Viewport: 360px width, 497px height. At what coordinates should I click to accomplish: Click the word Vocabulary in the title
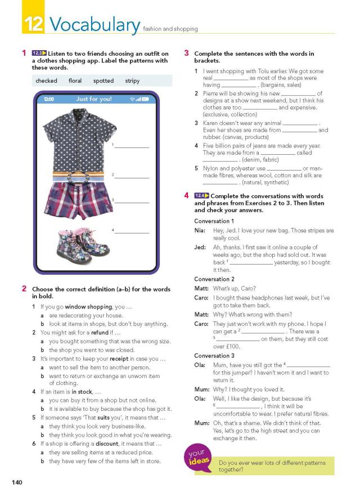pos(94,24)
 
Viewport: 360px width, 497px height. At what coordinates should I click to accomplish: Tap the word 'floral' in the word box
pos(75,81)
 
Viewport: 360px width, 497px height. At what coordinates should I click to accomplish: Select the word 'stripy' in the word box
pos(132,81)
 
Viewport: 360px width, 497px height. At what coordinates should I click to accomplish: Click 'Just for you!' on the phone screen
pos(94,99)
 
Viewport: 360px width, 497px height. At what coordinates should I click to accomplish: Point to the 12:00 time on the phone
pos(49,99)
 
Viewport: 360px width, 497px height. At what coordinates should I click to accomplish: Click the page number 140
pos(17,482)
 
